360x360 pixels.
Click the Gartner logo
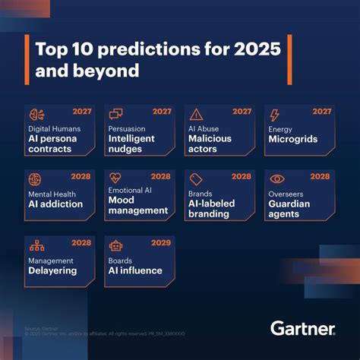tap(302, 328)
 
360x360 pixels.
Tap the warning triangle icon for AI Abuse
tap(196, 114)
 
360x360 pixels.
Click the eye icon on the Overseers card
tap(277, 179)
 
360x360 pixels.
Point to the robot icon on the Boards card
tap(116, 245)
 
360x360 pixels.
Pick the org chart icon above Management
tap(36, 245)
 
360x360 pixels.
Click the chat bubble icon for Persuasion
tap(116, 114)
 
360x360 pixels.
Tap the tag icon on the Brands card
tap(196, 179)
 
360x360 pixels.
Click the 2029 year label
tap(160, 242)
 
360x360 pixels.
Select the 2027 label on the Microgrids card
tap(321, 111)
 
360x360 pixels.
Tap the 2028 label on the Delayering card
tap(81, 242)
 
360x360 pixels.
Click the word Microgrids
tap(293, 140)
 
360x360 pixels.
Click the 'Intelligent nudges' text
tap(132, 144)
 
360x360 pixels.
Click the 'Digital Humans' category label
tap(53, 128)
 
